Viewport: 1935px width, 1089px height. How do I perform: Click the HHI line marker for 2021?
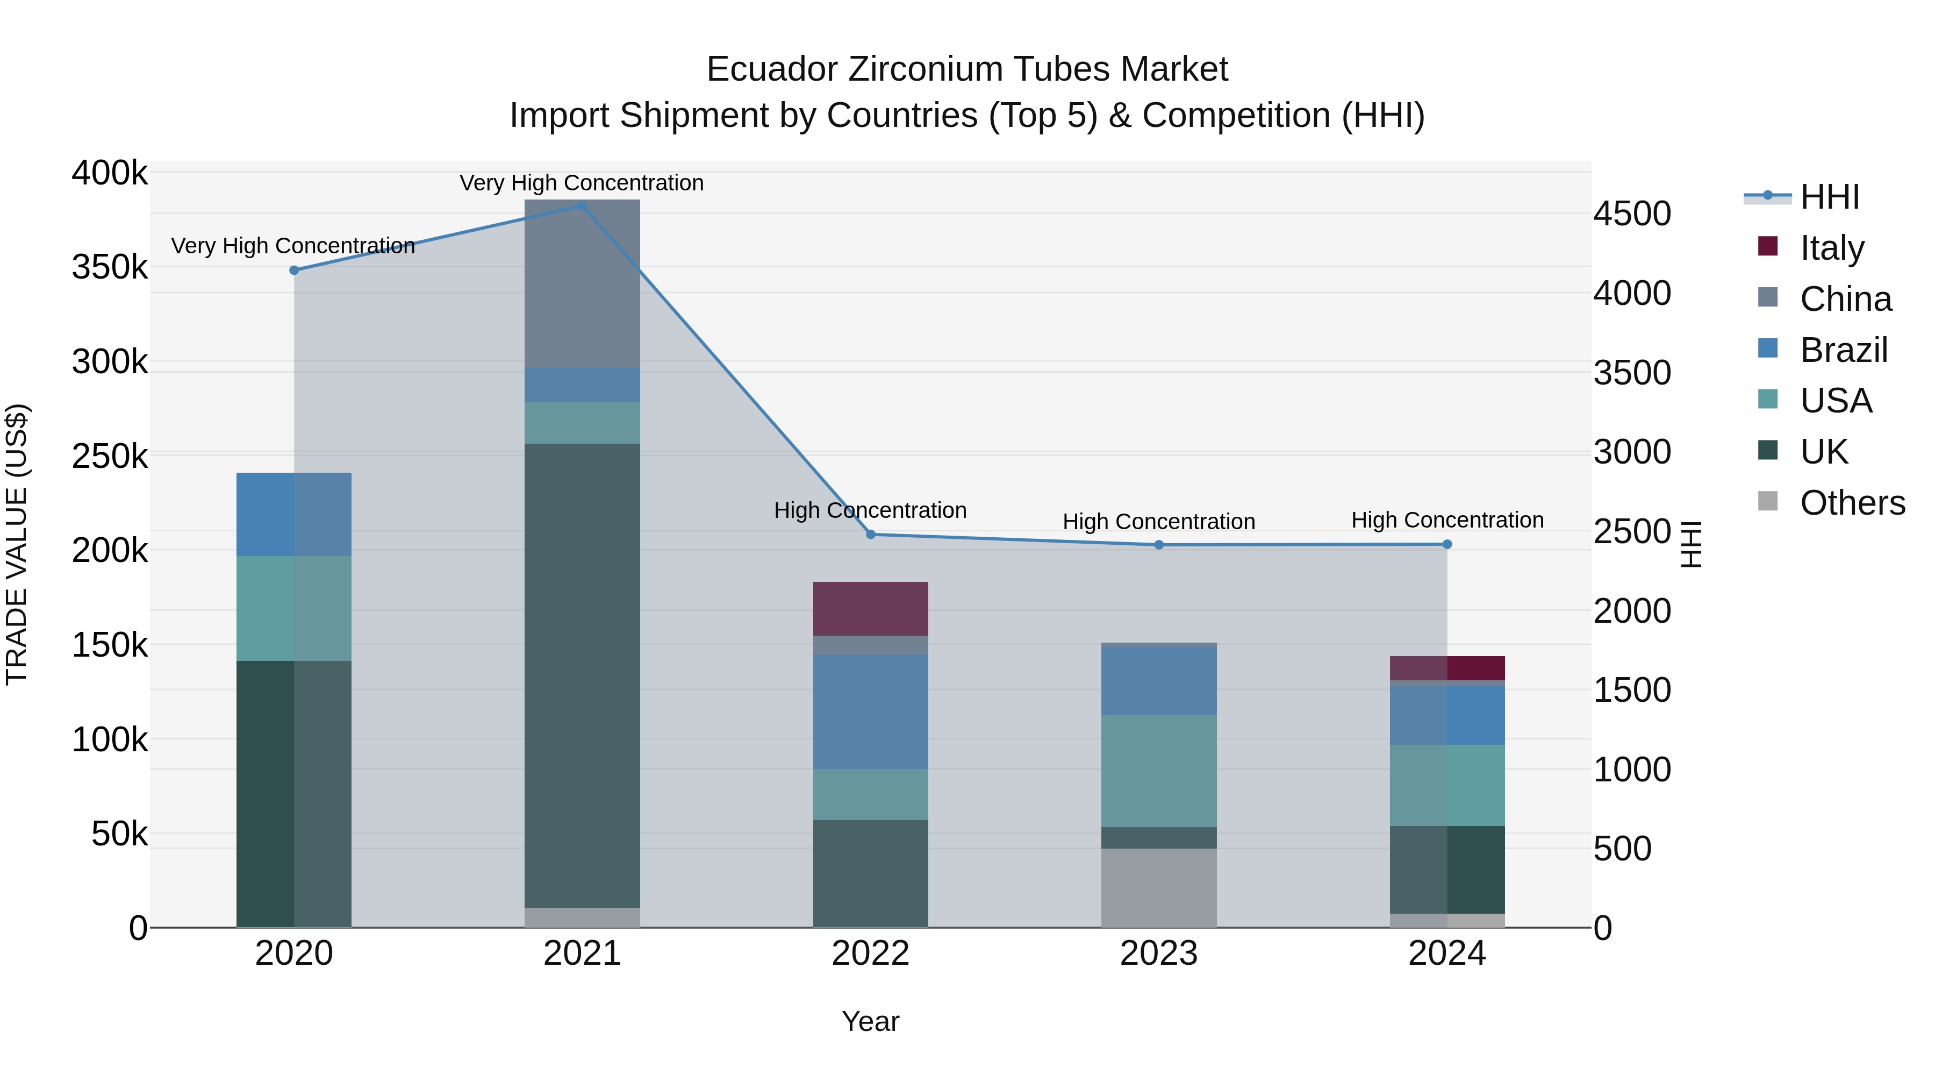click(x=582, y=205)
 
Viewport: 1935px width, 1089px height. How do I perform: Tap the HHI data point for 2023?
click(x=1159, y=545)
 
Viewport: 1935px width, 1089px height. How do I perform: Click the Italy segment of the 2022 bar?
click(x=871, y=609)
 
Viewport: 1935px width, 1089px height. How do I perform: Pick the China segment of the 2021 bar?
click(x=582, y=283)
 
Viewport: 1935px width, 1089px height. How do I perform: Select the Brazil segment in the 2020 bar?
click(x=293, y=515)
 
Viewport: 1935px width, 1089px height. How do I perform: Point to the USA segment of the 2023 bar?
click(x=1159, y=771)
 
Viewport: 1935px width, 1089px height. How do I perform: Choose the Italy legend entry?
click(x=1831, y=248)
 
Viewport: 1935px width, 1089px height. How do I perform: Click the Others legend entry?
click(x=1852, y=503)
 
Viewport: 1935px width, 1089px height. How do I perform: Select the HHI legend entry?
click(x=1829, y=197)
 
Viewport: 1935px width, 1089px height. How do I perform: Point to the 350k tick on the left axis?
click(x=110, y=268)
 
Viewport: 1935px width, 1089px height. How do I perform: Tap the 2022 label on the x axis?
click(x=871, y=953)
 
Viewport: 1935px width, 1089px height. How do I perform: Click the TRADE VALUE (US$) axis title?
click(x=17, y=544)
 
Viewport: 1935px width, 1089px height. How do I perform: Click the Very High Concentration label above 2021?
click(x=582, y=183)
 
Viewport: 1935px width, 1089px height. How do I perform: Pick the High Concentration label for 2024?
click(x=1447, y=520)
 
